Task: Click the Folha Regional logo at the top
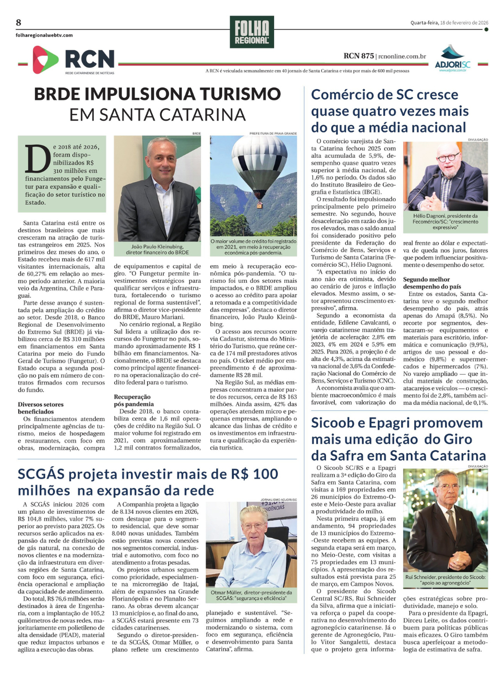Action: [x=251, y=32]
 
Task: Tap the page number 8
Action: [x=19, y=22]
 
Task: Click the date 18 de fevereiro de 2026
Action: [x=464, y=23]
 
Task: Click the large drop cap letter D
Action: [x=38, y=160]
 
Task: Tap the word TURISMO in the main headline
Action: [x=240, y=94]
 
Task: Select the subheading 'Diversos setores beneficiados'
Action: [x=40, y=408]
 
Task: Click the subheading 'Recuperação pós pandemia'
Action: [x=134, y=400]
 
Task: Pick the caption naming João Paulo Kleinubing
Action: [x=157, y=250]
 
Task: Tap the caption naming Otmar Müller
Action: [x=251, y=595]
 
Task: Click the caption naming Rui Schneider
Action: [x=446, y=580]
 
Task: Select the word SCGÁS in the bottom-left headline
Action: [x=41, y=474]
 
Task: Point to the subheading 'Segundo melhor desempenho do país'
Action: [x=432, y=283]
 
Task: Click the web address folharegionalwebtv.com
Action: [x=44, y=35]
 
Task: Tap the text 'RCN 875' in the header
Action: [x=358, y=56]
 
